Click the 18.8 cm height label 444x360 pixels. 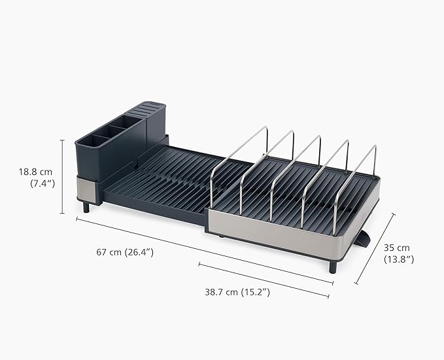35,172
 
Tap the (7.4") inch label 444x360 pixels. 42,184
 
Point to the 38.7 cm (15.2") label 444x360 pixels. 237,292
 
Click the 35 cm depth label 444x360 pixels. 397,248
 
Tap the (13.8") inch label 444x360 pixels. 398,259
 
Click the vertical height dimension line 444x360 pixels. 63,176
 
